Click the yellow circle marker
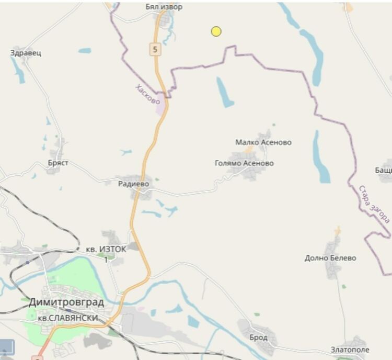click(216, 31)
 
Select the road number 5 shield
click(154, 50)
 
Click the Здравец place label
click(26, 53)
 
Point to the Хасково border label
click(147, 94)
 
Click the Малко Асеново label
click(263, 142)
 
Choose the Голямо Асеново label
click(244, 163)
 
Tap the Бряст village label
click(58, 163)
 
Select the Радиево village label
click(133, 184)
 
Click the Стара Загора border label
click(374, 204)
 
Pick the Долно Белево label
click(330, 258)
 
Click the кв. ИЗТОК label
click(106, 250)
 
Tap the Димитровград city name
click(66, 302)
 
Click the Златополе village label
click(350, 350)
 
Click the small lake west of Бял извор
click(85, 51)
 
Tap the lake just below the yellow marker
click(225, 92)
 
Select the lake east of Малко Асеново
click(321, 157)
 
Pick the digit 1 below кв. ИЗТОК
click(106, 260)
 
